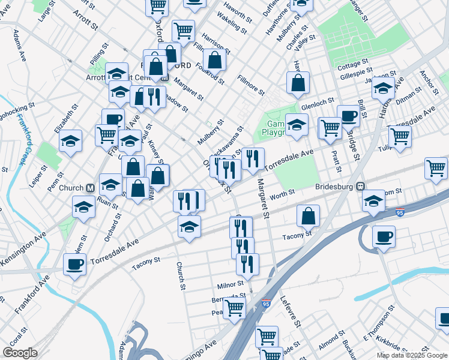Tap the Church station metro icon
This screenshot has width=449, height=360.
[x=89, y=188]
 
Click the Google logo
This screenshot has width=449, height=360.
[x=20, y=353]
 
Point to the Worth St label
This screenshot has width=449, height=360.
[x=282, y=193]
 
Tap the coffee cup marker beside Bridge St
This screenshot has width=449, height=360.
[x=348, y=115]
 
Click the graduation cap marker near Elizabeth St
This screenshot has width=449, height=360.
[x=71, y=141]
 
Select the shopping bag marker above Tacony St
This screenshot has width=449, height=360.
[x=308, y=215]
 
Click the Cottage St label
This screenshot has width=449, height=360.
[x=352, y=64]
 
